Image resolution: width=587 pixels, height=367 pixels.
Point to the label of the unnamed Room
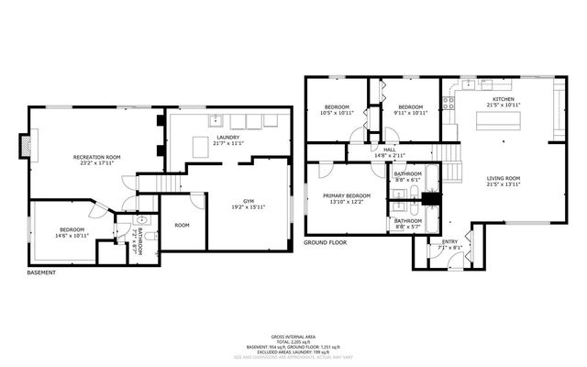click(x=183, y=225)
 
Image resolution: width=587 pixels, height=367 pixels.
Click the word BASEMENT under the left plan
click(x=41, y=272)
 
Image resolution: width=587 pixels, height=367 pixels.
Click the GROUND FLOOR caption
click(x=326, y=243)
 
